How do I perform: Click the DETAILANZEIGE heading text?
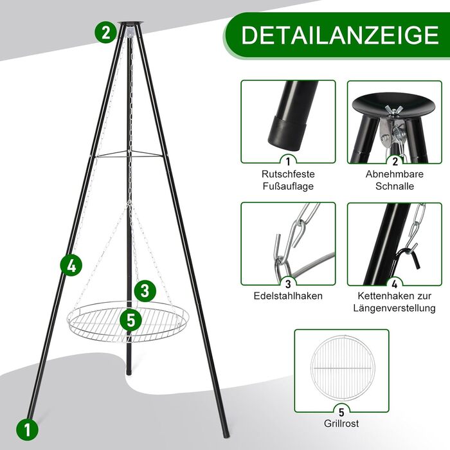coord(340,35)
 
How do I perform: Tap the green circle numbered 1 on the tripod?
coord(27,429)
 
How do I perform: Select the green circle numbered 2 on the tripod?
coord(105,33)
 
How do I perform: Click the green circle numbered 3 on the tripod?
coord(145,291)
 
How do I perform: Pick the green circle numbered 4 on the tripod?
coord(71,265)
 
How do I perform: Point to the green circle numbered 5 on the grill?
coord(130,319)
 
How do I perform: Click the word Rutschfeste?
coord(288,174)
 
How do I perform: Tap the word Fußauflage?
coord(288,186)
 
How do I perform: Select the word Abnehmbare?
coord(395,174)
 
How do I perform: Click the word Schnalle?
coord(395,186)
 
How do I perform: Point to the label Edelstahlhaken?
coord(288,296)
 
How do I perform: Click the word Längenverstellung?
coord(394,309)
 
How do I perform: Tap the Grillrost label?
coord(341,423)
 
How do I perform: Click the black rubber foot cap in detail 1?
coord(287,132)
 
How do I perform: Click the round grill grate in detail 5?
coord(343,368)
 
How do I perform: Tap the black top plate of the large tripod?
coord(130,23)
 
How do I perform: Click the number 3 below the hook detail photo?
coord(288,284)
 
